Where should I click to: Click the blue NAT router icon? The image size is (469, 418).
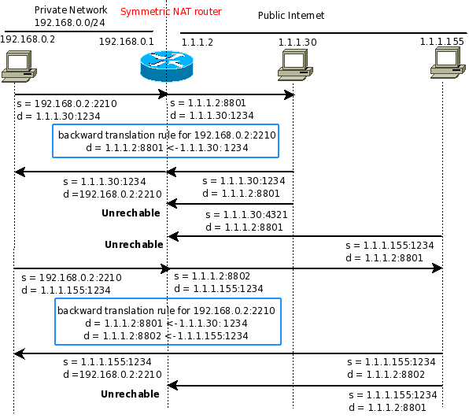167,66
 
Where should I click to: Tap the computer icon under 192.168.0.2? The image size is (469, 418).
19,66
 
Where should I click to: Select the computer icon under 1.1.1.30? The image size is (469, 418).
295,65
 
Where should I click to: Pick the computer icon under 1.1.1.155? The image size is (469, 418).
448,63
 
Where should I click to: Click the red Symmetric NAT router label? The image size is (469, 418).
171,12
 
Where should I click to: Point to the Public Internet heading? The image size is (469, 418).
291,15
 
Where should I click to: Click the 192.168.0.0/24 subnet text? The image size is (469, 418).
70,23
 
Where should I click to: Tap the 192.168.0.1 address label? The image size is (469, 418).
126,41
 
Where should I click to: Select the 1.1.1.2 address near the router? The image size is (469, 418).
198,43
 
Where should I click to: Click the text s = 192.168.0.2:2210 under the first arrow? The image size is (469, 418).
67,104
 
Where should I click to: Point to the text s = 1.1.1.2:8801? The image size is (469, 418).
208,103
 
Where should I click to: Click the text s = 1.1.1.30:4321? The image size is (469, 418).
246,215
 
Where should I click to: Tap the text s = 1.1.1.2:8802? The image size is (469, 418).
212,276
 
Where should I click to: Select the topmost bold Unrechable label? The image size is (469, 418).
131,213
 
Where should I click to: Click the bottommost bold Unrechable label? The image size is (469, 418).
130,394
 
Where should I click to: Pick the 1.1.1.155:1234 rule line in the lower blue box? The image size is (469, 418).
166,335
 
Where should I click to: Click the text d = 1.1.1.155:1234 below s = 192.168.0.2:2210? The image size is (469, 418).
66,290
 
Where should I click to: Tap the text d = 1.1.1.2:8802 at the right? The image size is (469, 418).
386,375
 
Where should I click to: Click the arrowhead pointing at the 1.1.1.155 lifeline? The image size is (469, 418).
437,268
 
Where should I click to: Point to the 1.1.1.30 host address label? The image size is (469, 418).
297,43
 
